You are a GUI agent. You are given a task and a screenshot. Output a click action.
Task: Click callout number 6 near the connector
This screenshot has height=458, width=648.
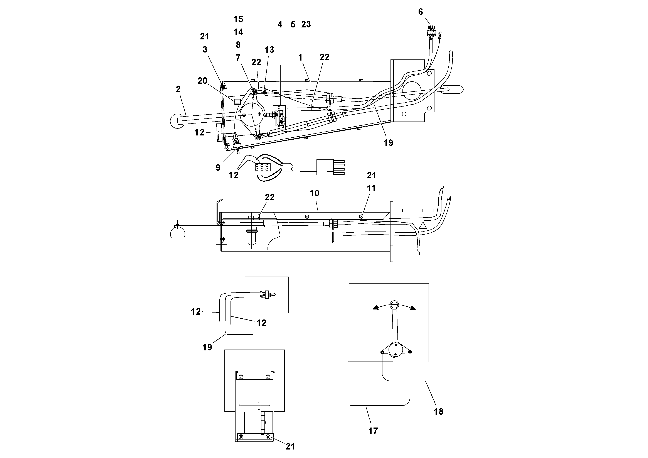421,12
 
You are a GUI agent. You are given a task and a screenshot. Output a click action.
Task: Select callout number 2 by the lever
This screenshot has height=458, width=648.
178,89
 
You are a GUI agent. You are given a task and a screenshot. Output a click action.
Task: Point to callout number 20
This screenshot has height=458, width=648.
202,81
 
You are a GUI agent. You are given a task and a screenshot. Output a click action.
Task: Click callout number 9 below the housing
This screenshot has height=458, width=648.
218,168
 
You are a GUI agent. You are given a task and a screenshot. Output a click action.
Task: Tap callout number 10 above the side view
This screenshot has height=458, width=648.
314,193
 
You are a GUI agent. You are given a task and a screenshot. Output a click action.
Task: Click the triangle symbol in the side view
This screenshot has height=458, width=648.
422,226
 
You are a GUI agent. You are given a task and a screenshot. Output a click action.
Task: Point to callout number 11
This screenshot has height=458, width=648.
371,188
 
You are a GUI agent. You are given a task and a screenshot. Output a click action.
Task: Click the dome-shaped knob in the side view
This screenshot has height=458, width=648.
178,233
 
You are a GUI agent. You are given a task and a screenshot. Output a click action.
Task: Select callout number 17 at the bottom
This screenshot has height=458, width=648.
373,431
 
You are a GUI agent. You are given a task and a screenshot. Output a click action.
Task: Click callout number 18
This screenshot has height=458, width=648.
438,412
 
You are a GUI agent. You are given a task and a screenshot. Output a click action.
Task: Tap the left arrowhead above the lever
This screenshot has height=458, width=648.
376,308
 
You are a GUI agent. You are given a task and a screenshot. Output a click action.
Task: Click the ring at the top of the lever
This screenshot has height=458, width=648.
394,305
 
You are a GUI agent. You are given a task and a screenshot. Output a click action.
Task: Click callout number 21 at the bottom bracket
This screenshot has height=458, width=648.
290,446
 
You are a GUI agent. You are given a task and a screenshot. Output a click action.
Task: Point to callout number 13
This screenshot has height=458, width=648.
269,50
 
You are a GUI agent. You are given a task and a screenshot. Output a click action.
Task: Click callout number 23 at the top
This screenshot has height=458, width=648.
306,25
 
